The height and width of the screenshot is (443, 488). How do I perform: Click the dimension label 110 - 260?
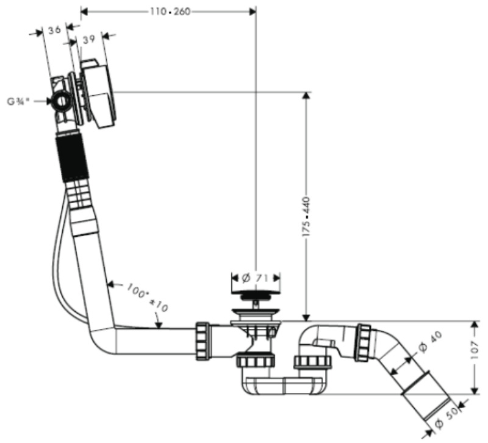tap(165, 11)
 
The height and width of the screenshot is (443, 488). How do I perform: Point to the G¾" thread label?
tap(20, 101)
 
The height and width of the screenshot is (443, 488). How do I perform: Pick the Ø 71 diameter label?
tap(256, 278)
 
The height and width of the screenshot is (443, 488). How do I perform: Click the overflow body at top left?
tap(98, 92)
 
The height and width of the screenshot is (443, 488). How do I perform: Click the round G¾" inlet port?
tap(61, 101)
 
